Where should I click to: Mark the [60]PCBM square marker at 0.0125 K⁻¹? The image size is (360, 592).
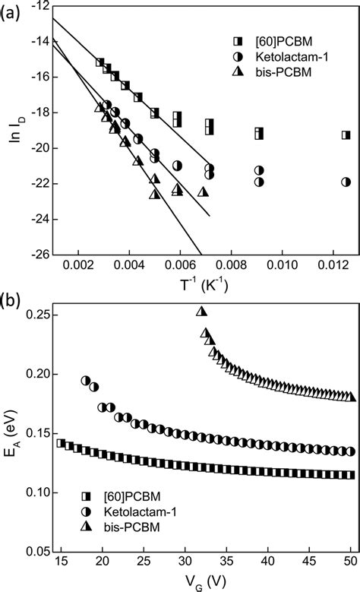point(346,135)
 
